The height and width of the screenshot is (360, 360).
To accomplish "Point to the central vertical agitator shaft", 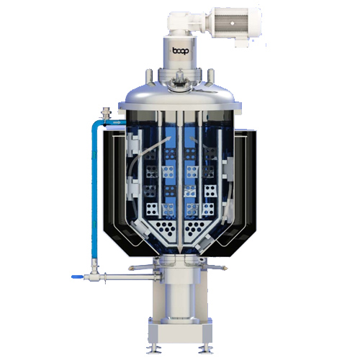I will click(180, 173).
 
